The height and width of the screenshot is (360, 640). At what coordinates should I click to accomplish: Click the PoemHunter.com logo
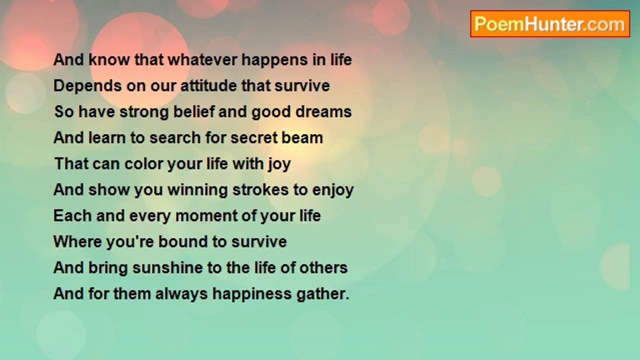click(550, 24)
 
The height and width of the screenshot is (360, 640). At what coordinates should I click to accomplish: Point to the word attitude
click(209, 85)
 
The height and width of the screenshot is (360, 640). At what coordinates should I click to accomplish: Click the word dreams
click(323, 111)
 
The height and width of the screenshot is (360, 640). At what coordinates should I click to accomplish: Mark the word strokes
click(260, 189)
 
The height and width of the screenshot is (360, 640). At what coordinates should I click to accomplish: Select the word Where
click(77, 241)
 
